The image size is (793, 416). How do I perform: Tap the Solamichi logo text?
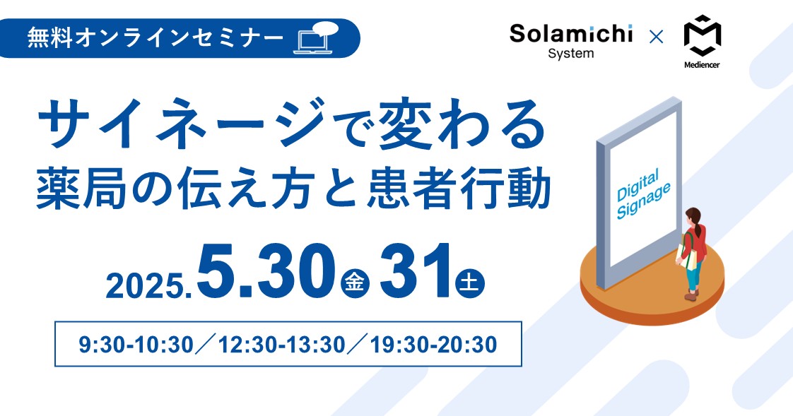571,34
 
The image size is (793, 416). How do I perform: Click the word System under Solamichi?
571,54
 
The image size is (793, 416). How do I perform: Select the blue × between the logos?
656,37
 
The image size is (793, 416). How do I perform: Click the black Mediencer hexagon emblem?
702,35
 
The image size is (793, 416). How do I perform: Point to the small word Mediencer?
702,65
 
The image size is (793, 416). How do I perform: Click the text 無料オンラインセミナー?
155,38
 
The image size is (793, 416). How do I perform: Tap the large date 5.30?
266,272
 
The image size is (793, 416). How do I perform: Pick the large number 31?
415,272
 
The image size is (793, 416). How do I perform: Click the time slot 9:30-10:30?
136,345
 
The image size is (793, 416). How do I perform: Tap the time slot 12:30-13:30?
282,345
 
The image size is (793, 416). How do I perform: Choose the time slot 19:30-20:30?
433,345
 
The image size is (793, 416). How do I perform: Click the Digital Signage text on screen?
642,195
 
